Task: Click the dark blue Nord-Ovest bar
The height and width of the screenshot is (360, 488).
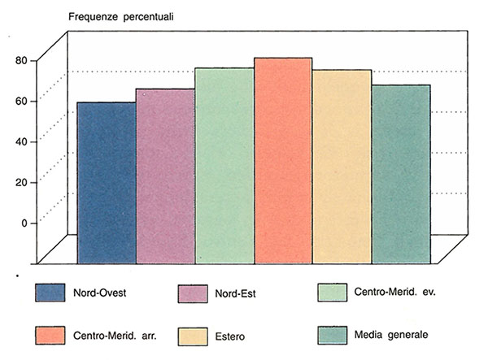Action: tap(106, 183)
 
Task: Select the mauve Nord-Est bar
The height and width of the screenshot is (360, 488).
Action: tap(164, 176)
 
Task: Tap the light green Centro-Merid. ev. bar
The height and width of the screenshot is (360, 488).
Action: tap(224, 165)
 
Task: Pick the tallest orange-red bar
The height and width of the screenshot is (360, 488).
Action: tap(283, 160)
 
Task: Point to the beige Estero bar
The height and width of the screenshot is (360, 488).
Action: tap(342, 167)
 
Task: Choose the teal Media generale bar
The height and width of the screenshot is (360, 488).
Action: tap(401, 174)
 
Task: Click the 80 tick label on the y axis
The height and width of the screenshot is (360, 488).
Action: tap(20, 60)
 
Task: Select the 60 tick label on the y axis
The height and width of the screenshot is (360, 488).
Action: tap(20, 101)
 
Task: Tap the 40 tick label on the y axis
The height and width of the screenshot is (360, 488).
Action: tap(20, 141)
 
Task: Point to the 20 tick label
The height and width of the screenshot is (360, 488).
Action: tap(20, 182)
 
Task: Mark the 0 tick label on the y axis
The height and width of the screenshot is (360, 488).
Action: tap(24, 223)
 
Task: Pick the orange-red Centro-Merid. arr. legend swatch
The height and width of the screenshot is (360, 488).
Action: tap(54, 335)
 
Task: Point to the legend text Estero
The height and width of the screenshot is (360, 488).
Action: tap(233, 336)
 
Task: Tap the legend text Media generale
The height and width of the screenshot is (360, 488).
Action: tap(391, 335)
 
